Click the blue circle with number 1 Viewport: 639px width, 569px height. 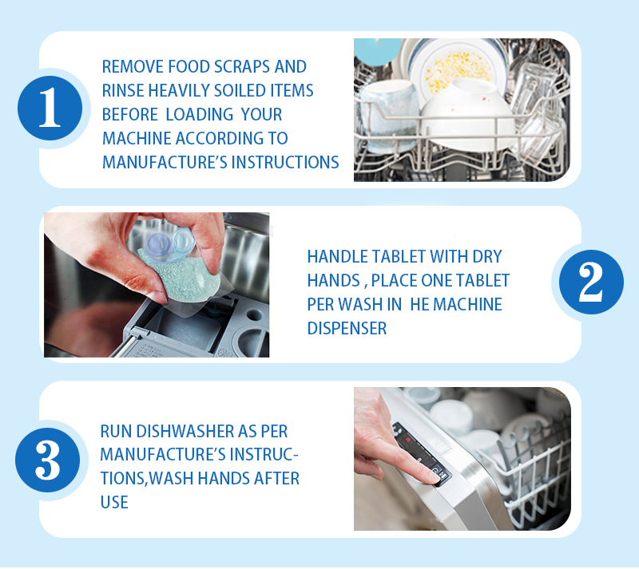pos(50,108)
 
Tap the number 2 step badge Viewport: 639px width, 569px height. pos(591,282)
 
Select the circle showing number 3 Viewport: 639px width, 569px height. pos(48,460)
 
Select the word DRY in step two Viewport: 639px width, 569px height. pos(487,257)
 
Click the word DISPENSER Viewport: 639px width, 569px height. pos(347,328)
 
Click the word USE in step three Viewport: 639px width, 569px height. pos(114,503)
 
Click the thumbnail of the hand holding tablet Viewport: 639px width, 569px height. pos(157,285)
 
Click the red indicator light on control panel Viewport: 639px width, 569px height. pos(407,440)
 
